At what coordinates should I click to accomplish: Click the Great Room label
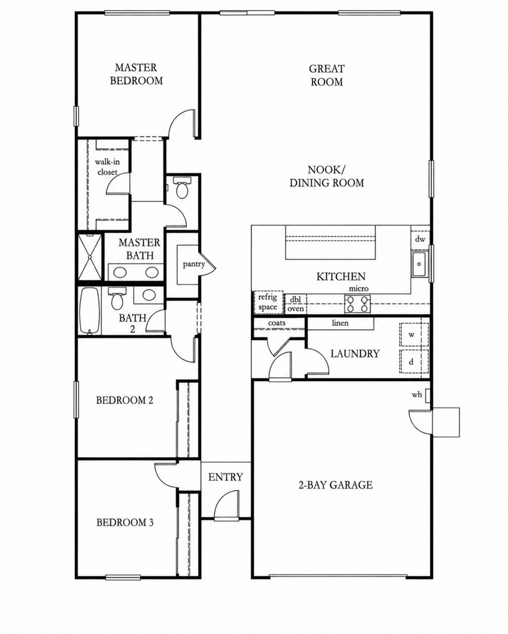327,75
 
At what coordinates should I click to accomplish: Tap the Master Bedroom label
136,74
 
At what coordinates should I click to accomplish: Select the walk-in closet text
107,167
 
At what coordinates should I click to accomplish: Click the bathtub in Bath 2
90,311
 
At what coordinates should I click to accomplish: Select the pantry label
193,264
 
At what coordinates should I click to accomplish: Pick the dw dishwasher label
420,239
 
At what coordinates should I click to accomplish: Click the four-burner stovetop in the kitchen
357,304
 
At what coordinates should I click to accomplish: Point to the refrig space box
268,302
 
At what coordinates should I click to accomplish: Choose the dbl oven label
296,304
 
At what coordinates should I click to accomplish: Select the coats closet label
277,323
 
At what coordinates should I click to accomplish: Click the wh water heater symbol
427,395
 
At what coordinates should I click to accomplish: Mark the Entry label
225,477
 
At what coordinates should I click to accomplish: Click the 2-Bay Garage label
336,485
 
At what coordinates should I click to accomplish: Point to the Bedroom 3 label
125,523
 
